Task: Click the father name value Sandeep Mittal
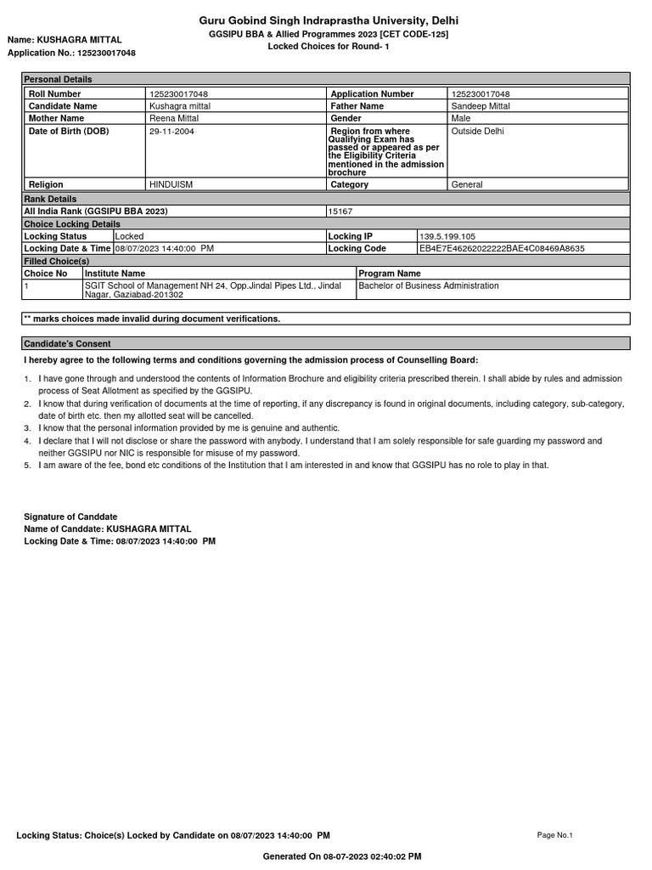click(481, 106)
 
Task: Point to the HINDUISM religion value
click(171, 184)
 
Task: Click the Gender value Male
click(461, 119)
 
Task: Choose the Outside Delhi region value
click(478, 132)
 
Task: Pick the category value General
click(467, 184)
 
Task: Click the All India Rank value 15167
click(342, 211)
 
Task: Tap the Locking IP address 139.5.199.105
click(447, 236)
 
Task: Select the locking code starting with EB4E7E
click(502, 249)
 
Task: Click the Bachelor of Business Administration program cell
click(429, 286)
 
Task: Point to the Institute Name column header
click(115, 274)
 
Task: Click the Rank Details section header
click(50, 199)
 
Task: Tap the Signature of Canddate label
click(70, 517)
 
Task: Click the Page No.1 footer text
click(555, 835)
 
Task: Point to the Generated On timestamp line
click(342, 856)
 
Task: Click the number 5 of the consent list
click(28, 465)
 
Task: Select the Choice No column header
click(46, 274)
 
